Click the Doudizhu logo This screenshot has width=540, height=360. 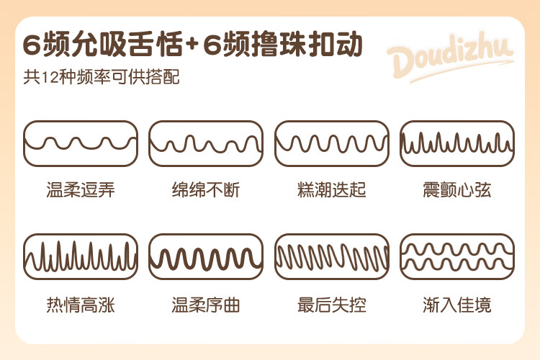449,55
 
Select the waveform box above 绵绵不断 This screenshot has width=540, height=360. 206,144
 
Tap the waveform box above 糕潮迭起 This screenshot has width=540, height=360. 332,144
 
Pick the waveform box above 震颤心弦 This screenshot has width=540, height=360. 457,144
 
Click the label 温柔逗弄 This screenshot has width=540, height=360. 81,191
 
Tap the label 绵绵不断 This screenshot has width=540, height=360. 206,191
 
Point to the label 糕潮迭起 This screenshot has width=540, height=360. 332,191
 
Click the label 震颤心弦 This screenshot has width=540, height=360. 457,191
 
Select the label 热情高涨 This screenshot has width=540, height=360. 81,305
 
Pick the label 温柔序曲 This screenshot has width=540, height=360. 206,305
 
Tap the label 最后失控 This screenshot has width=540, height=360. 332,305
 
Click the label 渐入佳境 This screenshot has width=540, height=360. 457,305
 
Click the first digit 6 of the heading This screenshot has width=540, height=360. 32,45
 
